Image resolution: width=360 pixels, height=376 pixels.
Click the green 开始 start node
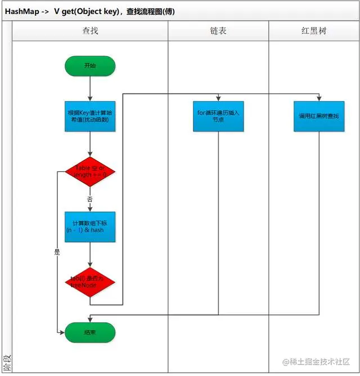[x=90, y=66]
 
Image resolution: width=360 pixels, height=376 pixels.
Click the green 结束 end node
[x=90, y=332]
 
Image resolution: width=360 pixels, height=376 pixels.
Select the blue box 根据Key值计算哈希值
[x=90, y=116]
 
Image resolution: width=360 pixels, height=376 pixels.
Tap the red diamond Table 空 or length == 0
[x=90, y=171]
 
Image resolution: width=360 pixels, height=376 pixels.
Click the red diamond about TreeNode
[x=90, y=282]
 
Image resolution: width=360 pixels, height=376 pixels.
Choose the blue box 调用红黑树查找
[x=319, y=116]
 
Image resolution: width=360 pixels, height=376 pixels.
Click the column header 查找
[x=90, y=31]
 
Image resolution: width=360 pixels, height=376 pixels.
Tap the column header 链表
[x=218, y=31]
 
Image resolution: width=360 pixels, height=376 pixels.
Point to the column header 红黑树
[x=313, y=31]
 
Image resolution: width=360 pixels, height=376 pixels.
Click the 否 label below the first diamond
[x=90, y=200]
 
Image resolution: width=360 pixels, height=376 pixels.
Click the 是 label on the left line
[x=57, y=252]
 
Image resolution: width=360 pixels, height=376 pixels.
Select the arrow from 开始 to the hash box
[x=90, y=88]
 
